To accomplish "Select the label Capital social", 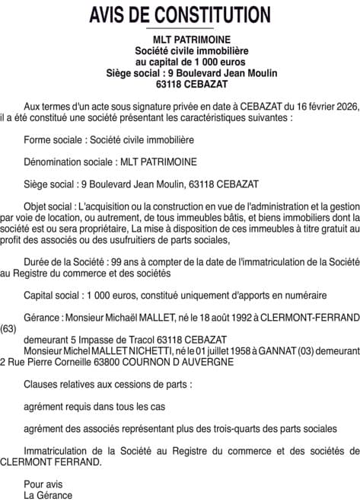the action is pos(53,295).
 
